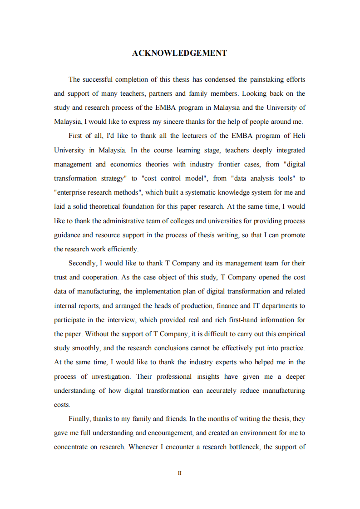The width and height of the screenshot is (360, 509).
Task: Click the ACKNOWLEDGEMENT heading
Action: coord(179,53)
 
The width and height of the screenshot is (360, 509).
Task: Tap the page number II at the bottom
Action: coord(180,473)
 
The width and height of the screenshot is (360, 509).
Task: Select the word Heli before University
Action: coord(299,136)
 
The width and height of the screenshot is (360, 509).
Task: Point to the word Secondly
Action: coord(82,263)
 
